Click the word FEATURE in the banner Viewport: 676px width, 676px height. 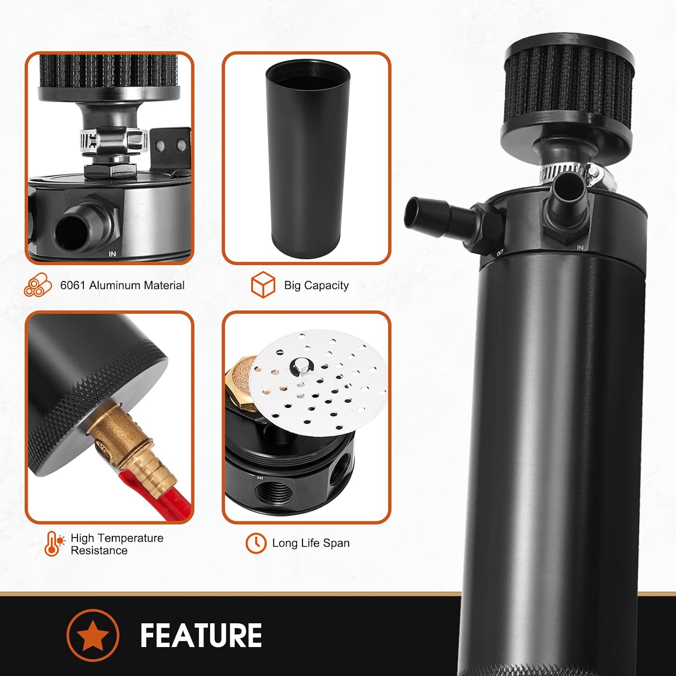click(x=201, y=635)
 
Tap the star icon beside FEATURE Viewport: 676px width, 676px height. click(x=93, y=635)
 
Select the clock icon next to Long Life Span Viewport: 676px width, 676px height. click(x=256, y=543)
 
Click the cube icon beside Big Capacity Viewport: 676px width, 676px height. click(x=263, y=285)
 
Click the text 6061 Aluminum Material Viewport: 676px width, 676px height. click(x=122, y=285)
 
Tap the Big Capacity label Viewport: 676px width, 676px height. click(x=316, y=285)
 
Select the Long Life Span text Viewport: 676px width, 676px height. click(x=311, y=543)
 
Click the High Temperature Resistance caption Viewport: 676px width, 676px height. click(x=117, y=544)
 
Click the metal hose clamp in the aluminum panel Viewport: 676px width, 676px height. click(x=114, y=141)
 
